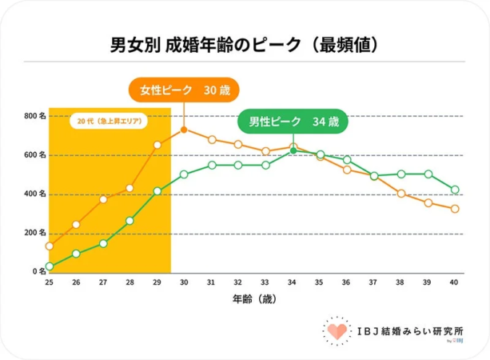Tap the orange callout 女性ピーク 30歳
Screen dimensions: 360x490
coord(184,90)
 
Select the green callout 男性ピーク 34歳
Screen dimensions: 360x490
coord(293,122)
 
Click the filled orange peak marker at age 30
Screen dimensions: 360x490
coord(184,130)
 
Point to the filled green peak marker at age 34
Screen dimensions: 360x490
coord(293,150)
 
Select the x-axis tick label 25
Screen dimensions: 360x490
coord(49,282)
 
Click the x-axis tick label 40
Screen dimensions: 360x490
coord(455,282)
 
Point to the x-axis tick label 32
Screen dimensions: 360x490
coord(238,282)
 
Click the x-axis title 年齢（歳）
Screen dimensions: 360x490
coord(251,300)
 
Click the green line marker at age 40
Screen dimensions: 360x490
coord(455,190)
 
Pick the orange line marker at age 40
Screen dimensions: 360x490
coord(455,209)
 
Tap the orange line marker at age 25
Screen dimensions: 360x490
coord(50,246)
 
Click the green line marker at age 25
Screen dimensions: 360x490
coord(50,266)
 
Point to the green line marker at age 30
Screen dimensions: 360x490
coord(184,174)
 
